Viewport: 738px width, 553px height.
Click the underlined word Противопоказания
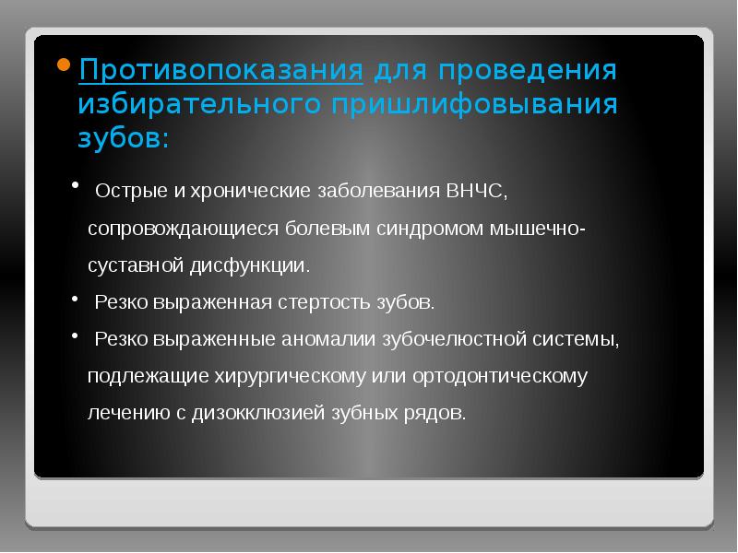[220, 71]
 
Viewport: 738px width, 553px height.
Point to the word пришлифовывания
[470, 104]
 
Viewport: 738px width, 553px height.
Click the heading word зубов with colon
[123, 138]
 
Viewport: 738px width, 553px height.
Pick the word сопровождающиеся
[181, 229]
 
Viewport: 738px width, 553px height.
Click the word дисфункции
[257, 265]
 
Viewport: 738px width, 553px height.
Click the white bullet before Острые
[76, 187]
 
